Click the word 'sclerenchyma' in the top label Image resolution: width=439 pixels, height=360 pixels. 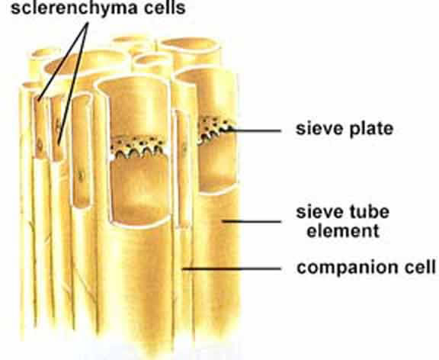click(74, 8)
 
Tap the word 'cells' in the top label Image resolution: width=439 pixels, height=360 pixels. click(165, 7)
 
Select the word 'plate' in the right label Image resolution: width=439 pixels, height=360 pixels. click(370, 130)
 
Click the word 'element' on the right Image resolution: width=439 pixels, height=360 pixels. click(343, 231)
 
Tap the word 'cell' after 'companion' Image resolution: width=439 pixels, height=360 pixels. click(421, 266)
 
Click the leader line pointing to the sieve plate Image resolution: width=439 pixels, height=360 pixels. click(255, 130)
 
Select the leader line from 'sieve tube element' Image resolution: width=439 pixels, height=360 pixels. click(252, 222)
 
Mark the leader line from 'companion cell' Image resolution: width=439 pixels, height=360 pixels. click(232, 269)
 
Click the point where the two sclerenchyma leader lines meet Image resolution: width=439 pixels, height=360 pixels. click(88, 24)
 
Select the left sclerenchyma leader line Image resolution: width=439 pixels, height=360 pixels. click(62, 63)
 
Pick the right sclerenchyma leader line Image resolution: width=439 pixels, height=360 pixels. click(73, 84)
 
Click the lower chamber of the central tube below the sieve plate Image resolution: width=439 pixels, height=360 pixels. click(139, 191)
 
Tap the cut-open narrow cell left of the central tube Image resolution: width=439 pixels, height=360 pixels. click(82, 151)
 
